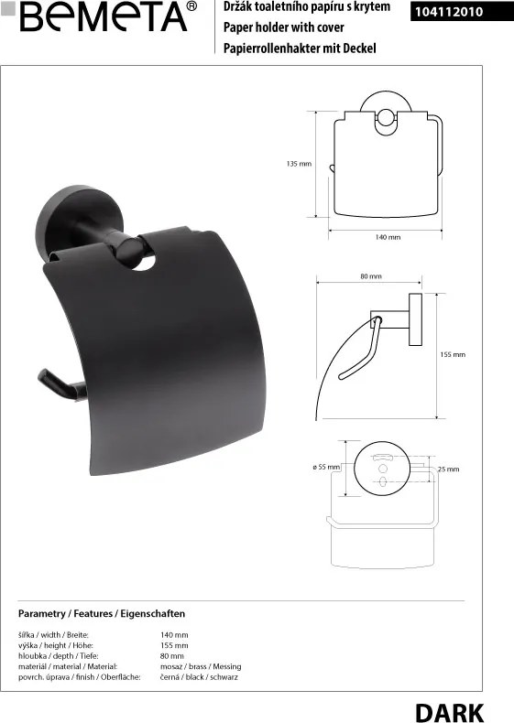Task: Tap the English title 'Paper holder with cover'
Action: pyautogui.click(x=283, y=27)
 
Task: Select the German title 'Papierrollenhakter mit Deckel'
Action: pyautogui.click(x=300, y=48)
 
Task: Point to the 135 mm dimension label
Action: pyautogui.click(x=299, y=164)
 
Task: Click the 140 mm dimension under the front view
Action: pyautogui.click(x=388, y=237)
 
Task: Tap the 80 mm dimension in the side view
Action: pyautogui.click(x=371, y=276)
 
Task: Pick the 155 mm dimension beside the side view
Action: pyautogui.click(x=453, y=354)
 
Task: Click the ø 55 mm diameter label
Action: pyautogui.click(x=326, y=467)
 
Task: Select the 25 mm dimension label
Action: pyautogui.click(x=448, y=469)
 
